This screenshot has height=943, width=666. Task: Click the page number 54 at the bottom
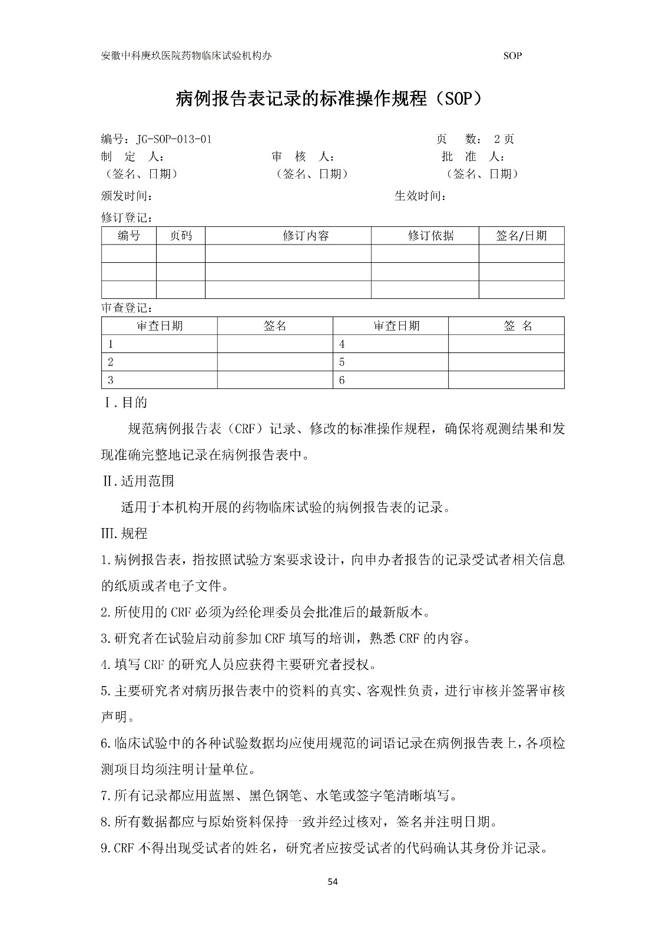pyautogui.click(x=333, y=882)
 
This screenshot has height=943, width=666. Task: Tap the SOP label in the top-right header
pyautogui.click(x=512, y=56)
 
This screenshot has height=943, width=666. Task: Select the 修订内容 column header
pyautogui.click(x=306, y=236)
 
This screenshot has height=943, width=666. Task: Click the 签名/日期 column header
pyautogui.click(x=521, y=236)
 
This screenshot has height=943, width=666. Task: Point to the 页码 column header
pyautogui.click(x=181, y=236)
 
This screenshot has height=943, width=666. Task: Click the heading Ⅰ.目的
pyautogui.click(x=125, y=403)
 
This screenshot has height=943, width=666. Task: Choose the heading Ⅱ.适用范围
pyautogui.click(x=138, y=481)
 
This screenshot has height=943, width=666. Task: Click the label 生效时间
pyautogui.click(x=420, y=196)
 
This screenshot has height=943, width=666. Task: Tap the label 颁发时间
pyautogui.click(x=127, y=196)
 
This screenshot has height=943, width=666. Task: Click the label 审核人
pyautogui.click(x=303, y=157)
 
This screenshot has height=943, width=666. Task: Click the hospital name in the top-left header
pyautogui.click(x=187, y=56)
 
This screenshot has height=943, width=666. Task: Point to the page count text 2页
pyautogui.click(x=504, y=140)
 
